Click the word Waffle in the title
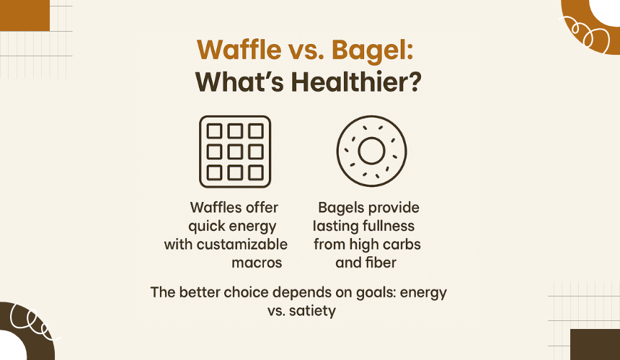[x=239, y=50]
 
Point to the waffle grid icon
[x=235, y=152]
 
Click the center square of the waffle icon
[x=235, y=152]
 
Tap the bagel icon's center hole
[x=371, y=151]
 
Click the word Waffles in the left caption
[x=210, y=207]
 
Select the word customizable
[x=242, y=244]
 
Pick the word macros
[x=257, y=263]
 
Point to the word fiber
[x=381, y=263]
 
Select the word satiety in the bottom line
[x=312, y=311]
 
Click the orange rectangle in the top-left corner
[x=25, y=15]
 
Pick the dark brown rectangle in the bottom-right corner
[x=595, y=345]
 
